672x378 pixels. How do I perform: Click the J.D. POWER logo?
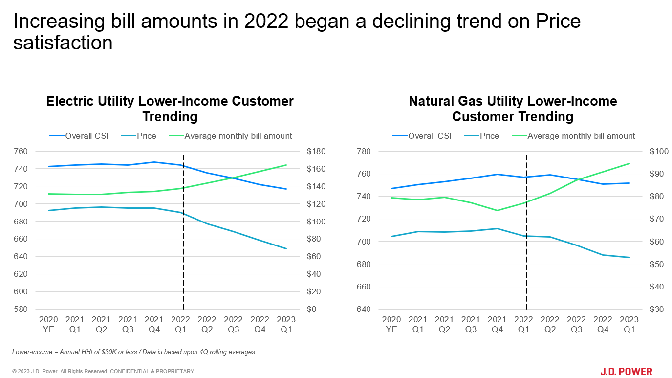[626, 372]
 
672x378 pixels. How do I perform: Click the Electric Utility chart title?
[170, 109]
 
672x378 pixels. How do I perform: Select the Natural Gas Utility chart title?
[513, 109]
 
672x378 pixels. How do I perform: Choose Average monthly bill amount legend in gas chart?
[581, 136]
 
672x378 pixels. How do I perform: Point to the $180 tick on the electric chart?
[316, 151]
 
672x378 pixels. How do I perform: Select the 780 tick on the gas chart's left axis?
[365, 151]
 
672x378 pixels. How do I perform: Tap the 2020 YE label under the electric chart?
[48, 324]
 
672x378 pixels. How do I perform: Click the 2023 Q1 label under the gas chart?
[629, 324]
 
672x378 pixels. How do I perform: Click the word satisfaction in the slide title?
[63, 43]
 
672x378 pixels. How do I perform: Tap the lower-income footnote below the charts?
[133, 352]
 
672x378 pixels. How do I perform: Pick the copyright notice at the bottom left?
[103, 371]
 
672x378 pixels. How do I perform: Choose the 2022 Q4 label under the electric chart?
[260, 324]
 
